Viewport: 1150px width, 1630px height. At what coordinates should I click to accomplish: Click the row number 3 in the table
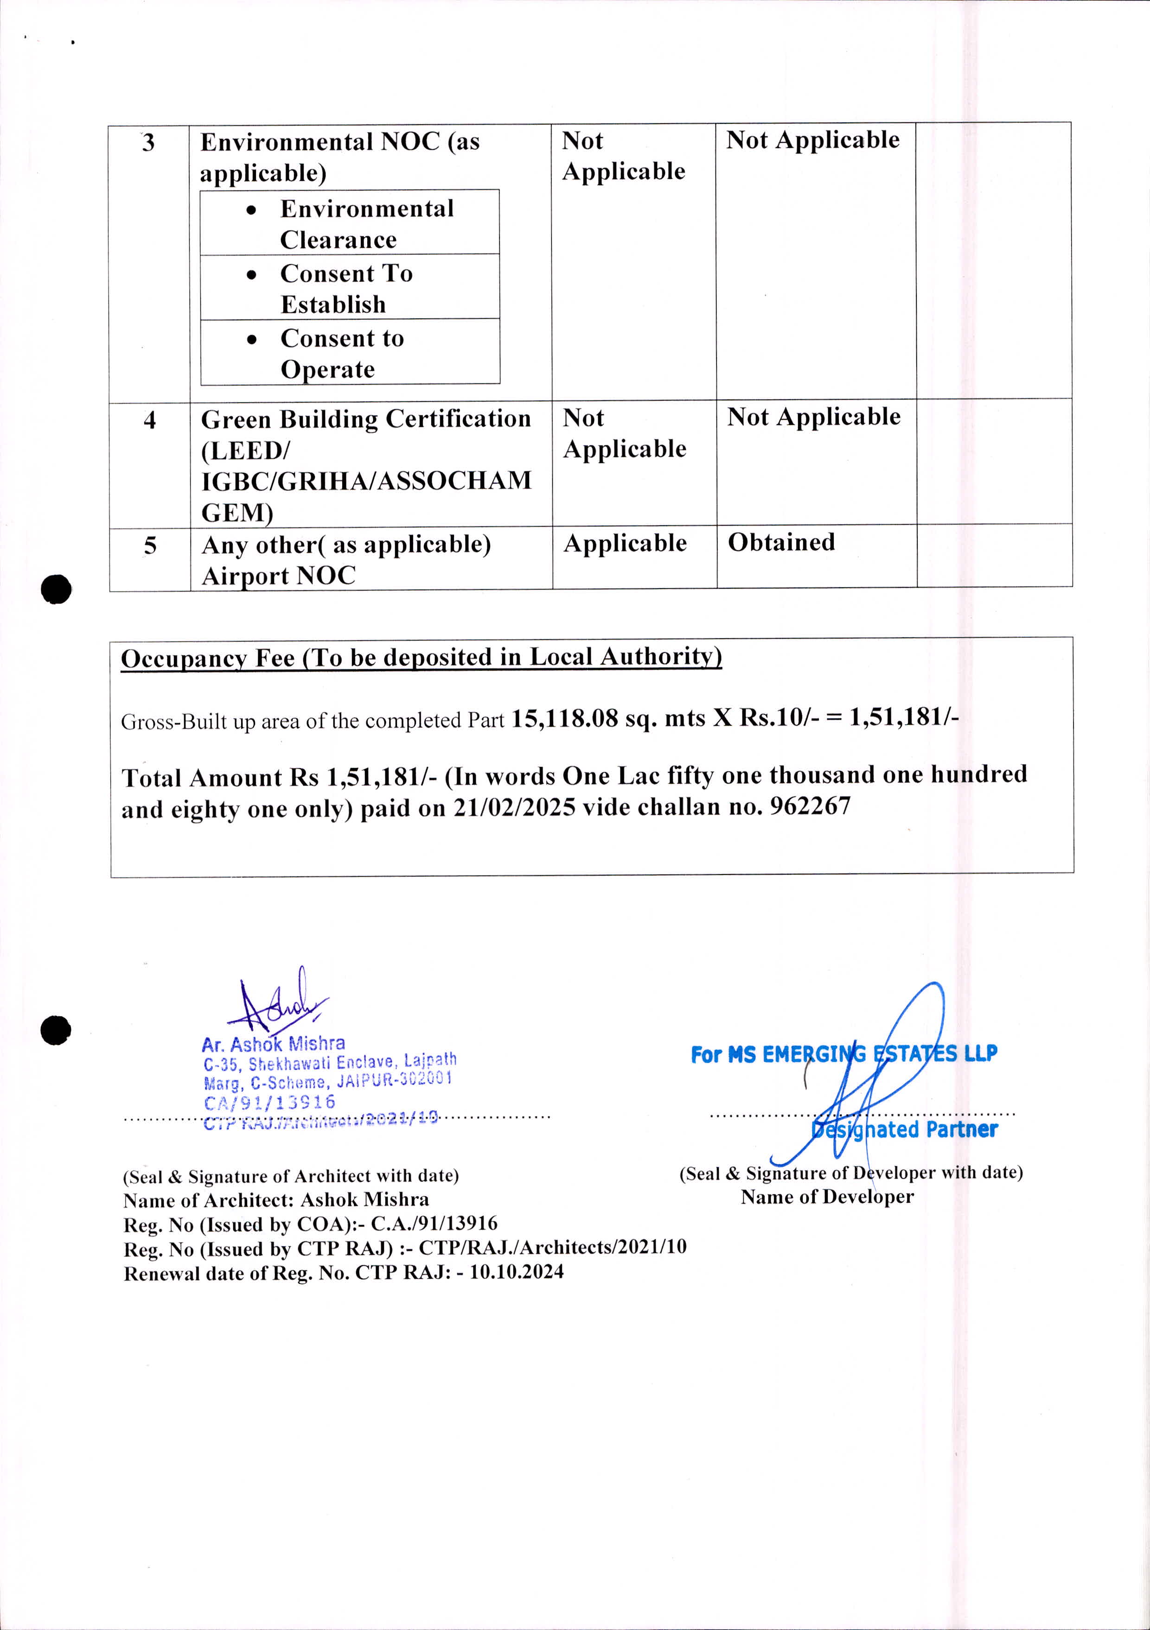[148, 143]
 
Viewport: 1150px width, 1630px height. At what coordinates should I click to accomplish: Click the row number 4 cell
[150, 420]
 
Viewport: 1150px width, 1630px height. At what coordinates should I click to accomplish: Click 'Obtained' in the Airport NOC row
[781, 542]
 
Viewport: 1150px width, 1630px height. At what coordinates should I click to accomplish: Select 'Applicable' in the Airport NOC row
[625, 543]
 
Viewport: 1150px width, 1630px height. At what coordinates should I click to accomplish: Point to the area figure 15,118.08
[565, 718]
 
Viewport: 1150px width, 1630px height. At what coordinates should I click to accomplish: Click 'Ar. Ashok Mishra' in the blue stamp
[274, 1044]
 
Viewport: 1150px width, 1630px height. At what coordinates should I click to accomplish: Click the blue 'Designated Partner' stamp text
[904, 1129]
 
